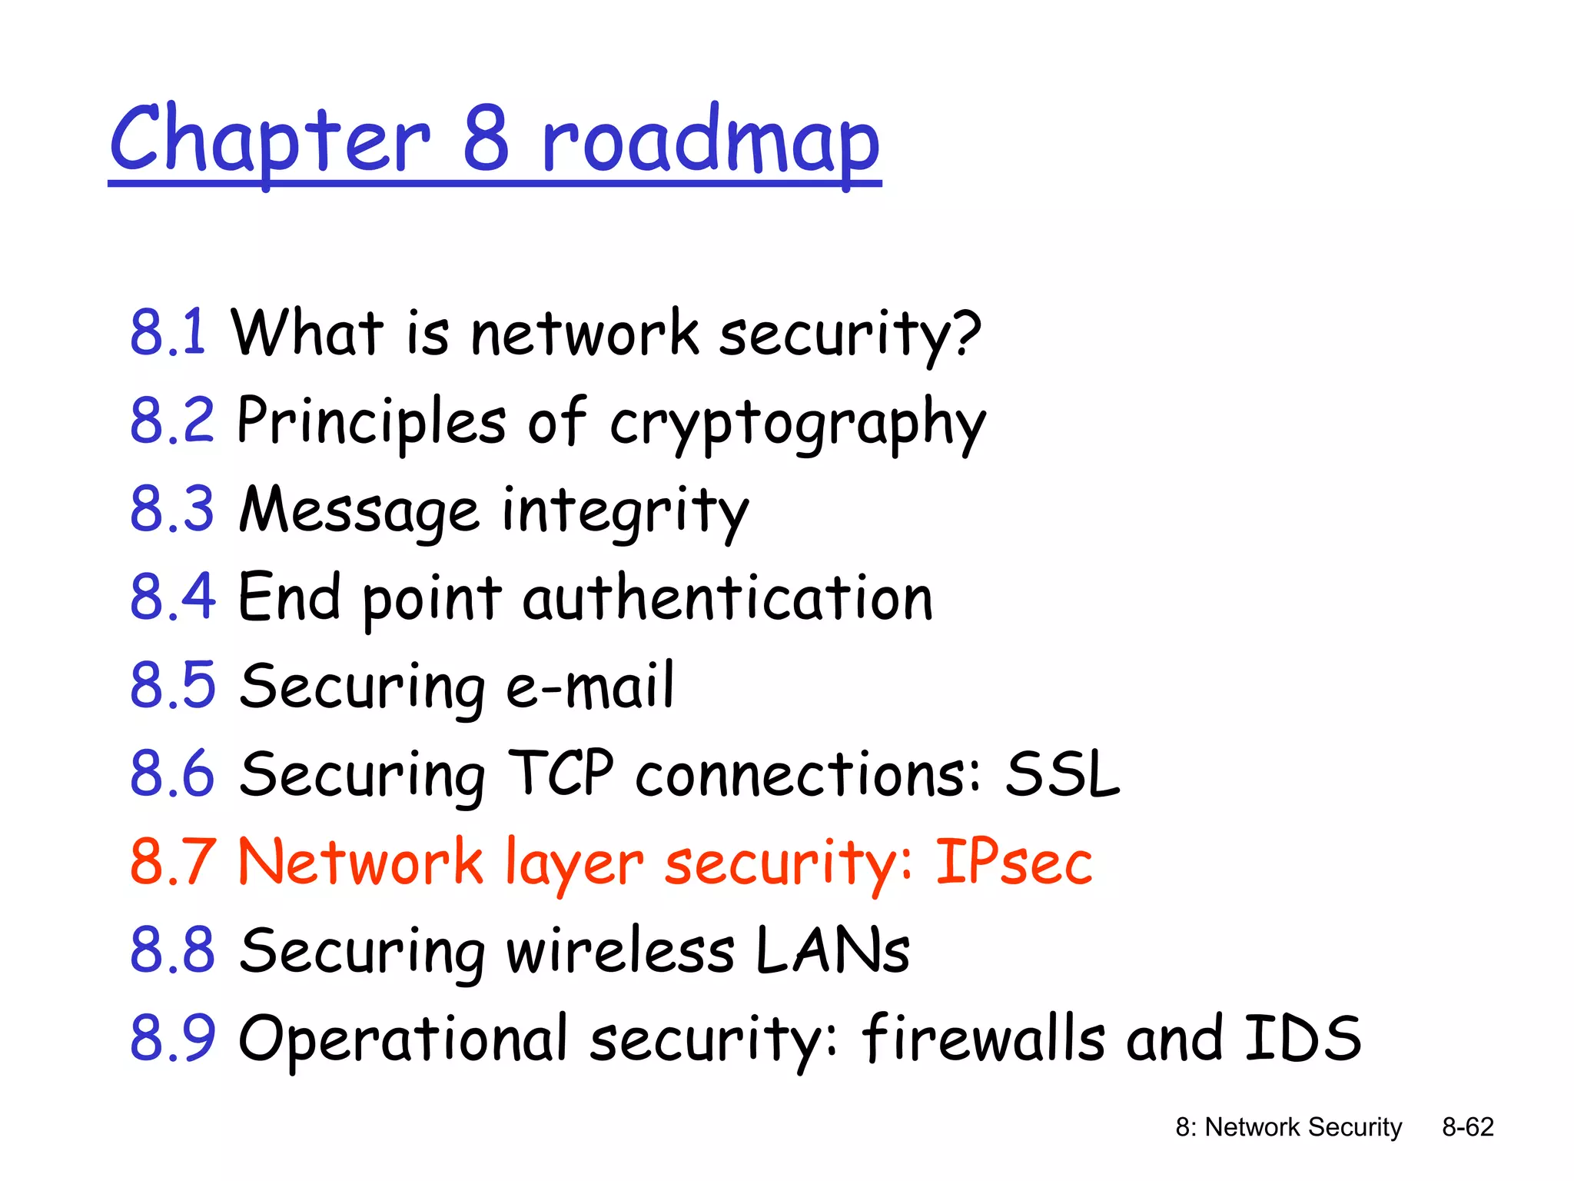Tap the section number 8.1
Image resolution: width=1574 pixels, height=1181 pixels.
tap(168, 332)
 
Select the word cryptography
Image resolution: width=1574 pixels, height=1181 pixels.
tap(798, 423)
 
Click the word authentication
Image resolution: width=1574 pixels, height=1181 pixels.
tap(727, 598)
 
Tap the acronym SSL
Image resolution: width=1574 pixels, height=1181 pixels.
tap(1063, 774)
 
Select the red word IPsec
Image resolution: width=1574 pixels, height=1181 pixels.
tap(1014, 862)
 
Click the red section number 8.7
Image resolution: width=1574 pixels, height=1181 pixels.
tap(172, 862)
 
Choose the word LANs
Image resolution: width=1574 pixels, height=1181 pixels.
tap(832, 950)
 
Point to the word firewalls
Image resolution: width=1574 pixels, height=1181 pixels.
tap(984, 1038)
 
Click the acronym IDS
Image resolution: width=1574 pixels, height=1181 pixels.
tap(1303, 1038)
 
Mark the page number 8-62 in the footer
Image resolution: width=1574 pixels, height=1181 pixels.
tap(1468, 1127)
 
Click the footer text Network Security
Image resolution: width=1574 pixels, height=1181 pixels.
tap(1303, 1127)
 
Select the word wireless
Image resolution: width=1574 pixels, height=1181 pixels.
tap(620, 950)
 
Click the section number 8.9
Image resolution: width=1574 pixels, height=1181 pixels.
tap(172, 1038)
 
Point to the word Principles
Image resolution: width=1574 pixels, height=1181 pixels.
tap(371, 423)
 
